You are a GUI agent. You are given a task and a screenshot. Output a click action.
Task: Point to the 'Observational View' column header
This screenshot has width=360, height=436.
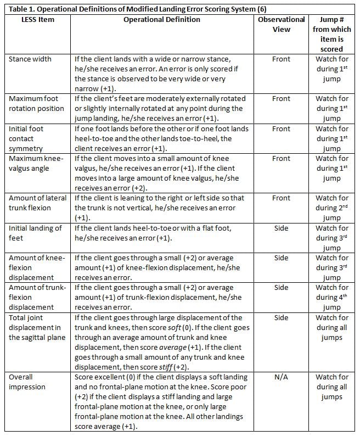click(281, 24)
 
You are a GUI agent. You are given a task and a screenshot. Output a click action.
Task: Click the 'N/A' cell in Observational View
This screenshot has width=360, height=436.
click(281, 377)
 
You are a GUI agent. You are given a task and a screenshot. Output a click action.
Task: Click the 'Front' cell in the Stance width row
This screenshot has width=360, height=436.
click(281, 59)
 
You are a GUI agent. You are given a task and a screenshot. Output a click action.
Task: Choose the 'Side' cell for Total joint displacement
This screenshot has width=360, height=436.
click(281, 318)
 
